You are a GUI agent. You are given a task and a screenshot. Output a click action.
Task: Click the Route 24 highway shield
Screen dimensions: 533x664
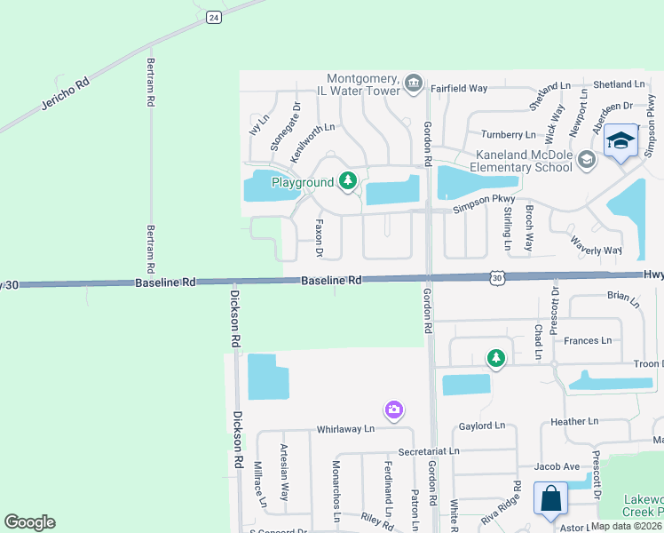212,17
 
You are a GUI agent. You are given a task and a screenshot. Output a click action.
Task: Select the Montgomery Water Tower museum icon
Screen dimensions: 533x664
413,83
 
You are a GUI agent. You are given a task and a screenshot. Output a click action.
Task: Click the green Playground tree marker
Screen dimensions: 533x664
348,182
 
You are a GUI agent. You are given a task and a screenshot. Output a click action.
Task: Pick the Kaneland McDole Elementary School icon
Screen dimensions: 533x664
585,160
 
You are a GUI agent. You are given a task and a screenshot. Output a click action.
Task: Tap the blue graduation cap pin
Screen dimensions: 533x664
621,141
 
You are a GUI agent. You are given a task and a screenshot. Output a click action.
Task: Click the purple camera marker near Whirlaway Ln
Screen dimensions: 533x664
394,410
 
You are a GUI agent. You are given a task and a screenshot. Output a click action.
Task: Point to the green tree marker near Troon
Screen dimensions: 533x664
495,359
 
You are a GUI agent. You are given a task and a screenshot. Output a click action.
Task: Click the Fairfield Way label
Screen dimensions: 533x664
460,89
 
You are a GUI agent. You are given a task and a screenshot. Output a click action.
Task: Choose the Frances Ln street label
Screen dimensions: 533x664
588,340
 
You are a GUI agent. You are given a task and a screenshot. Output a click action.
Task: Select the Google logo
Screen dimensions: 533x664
29,522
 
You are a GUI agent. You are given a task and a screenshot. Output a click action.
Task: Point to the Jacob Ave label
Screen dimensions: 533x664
557,466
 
